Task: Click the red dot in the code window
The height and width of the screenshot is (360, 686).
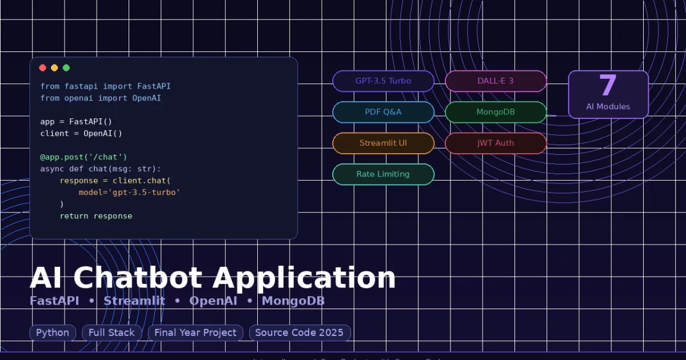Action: click(42, 68)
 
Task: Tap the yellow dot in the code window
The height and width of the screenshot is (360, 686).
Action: click(54, 68)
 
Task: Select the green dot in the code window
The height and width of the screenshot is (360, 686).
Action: click(66, 68)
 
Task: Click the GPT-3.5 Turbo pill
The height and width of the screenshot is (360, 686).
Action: click(383, 81)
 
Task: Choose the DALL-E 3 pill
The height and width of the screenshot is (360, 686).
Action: click(496, 81)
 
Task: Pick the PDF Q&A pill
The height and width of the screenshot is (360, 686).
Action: click(383, 112)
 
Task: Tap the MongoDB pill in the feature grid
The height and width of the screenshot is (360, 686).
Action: click(496, 112)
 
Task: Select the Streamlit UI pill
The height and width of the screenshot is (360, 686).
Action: click(383, 143)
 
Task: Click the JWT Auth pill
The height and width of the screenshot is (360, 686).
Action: click(496, 143)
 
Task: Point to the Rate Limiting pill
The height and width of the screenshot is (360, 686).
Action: click(383, 174)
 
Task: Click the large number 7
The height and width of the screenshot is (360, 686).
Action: click(608, 86)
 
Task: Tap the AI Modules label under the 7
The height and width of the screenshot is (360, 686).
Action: click(608, 107)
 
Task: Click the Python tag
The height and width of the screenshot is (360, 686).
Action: click(53, 333)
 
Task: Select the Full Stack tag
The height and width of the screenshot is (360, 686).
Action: click(111, 333)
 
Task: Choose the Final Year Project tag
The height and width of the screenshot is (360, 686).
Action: click(196, 333)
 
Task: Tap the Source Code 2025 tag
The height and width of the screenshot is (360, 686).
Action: click(299, 333)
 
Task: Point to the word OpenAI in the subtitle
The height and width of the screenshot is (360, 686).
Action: click(213, 301)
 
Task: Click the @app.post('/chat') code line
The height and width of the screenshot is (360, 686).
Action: click(83, 157)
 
